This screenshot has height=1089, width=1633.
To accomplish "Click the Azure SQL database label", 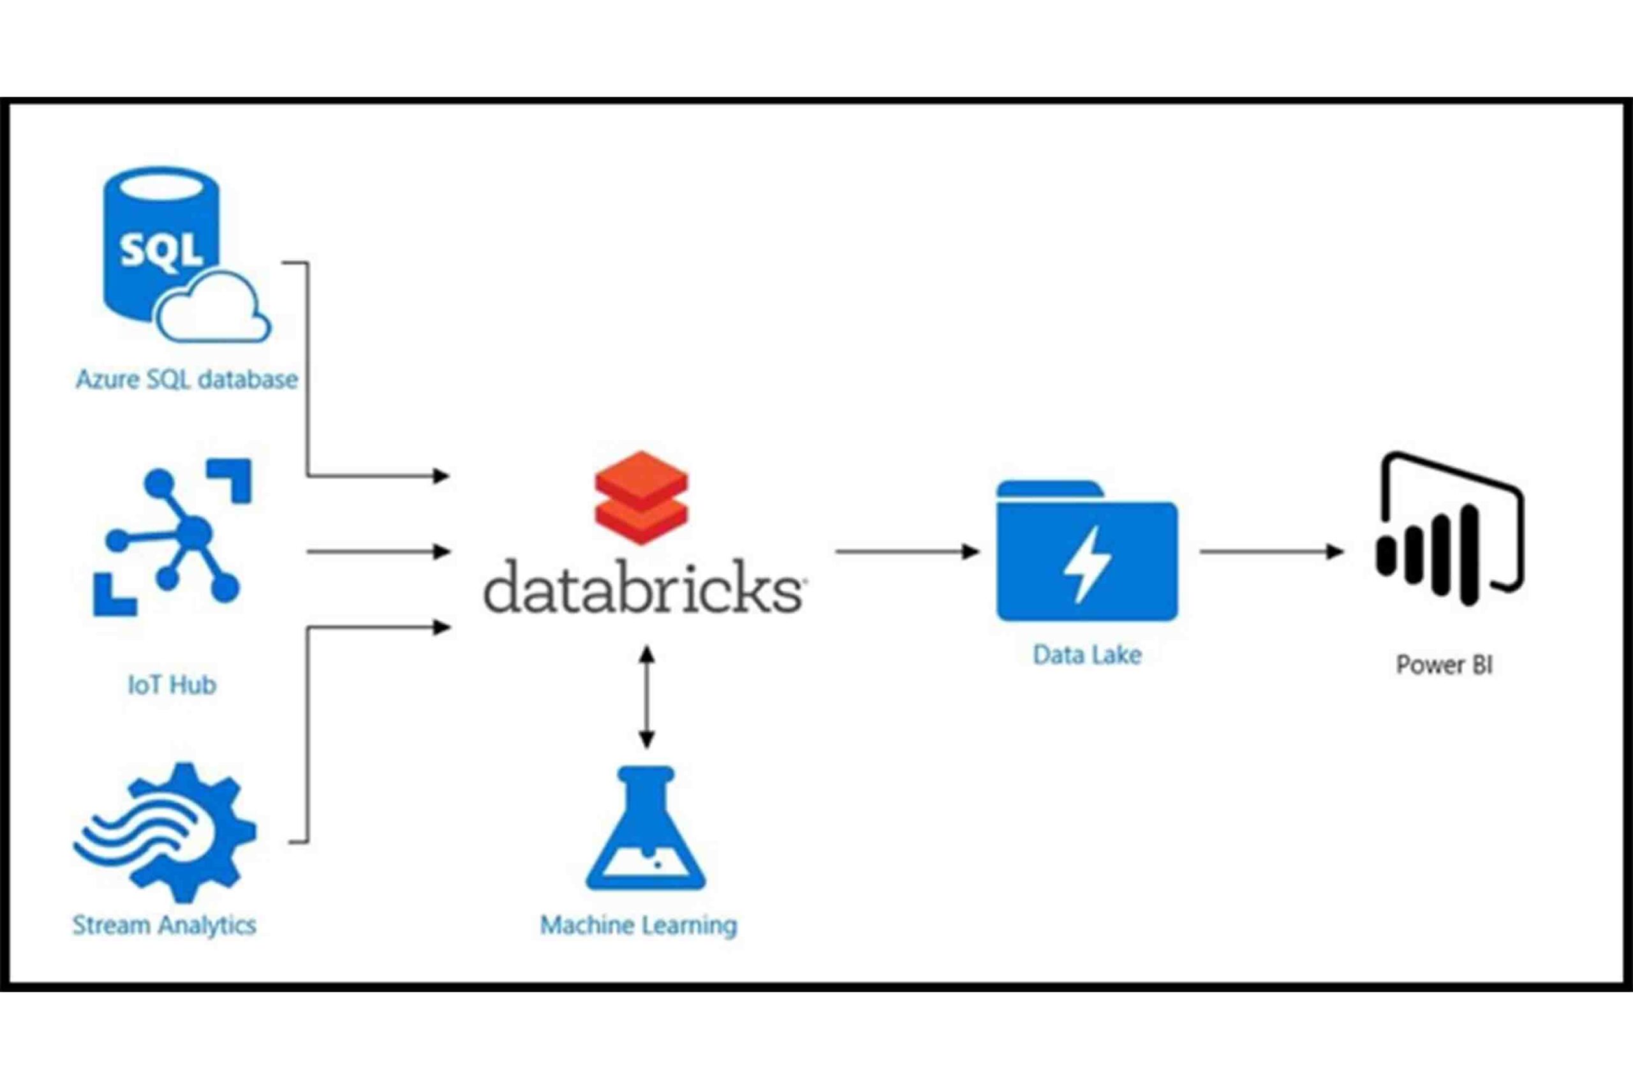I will pos(186,380).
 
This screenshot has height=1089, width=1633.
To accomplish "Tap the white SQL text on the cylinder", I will pos(161,250).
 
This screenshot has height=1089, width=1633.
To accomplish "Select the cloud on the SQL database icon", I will pos(212,309).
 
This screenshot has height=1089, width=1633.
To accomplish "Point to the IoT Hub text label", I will pos(172,685).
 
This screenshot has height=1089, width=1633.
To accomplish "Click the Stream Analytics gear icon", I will pos(166,831).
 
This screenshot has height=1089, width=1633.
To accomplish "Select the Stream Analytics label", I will pos(165,925).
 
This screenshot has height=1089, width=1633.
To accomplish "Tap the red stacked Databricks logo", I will pos(641,496).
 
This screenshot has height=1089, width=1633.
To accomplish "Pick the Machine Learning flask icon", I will pos(646,830).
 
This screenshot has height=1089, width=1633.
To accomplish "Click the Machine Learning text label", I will pos(638,925).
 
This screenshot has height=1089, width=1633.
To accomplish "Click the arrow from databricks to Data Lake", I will pos(906,551).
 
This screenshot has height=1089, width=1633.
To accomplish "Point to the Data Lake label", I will pos(1086,655).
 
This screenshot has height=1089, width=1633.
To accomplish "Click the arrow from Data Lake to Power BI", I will pos(1271,551).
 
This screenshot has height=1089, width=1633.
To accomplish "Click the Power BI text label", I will pos(1444,665).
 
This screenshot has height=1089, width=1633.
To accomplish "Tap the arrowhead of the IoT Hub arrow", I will pos(441,551).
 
